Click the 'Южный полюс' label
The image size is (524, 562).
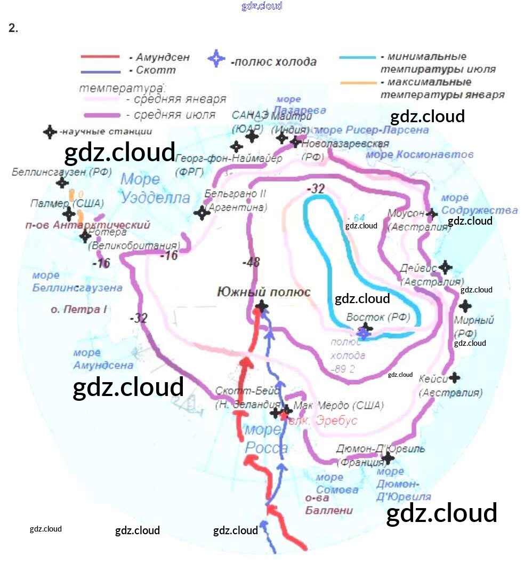(263, 292)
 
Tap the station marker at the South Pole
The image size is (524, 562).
(262, 306)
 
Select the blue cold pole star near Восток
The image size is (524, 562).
(364, 333)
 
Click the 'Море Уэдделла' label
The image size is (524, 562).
(155, 188)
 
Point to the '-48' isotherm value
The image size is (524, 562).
(251, 262)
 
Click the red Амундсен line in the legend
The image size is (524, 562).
(100, 57)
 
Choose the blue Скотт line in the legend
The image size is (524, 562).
(100, 71)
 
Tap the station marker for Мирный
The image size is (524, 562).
(465, 306)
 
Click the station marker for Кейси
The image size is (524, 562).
(454, 378)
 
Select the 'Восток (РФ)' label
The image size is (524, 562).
(378, 317)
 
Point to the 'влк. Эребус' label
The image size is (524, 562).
(323, 421)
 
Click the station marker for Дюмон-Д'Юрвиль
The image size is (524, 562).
(388, 457)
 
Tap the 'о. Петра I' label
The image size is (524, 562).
(79, 309)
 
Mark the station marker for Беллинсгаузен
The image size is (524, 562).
(62, 183)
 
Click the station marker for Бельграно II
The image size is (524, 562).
(201, 213)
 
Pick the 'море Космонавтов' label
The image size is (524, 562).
(420, 155)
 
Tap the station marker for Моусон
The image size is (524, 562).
(432, 213)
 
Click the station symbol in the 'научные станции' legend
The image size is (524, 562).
(50, 132)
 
